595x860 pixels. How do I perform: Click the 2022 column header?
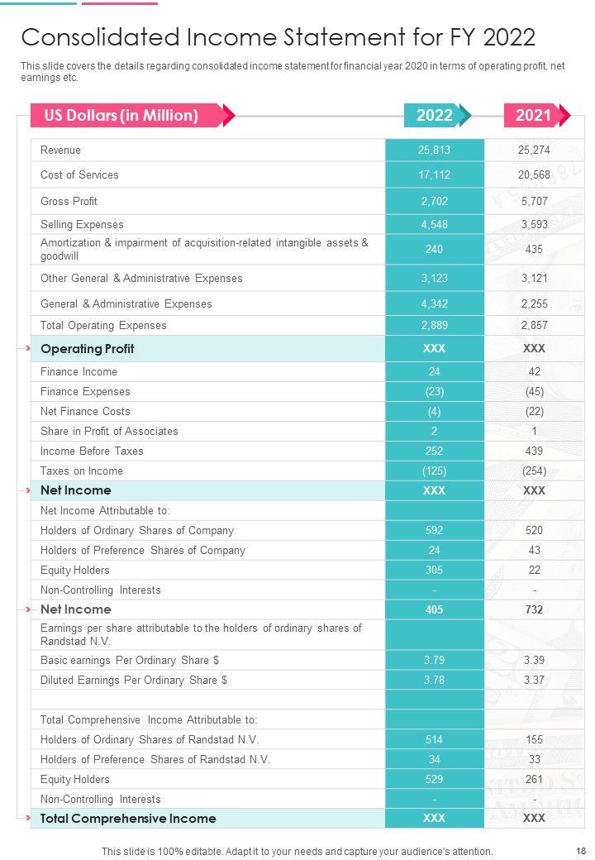coord(435,115)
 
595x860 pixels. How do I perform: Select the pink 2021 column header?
coord(534,115)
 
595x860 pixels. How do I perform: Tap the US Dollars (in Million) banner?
coord(121,115)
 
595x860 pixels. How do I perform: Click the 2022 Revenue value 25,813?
coord(434,150)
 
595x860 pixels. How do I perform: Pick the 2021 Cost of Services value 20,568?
coord(534,174)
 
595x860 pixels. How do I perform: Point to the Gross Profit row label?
coord(69,201)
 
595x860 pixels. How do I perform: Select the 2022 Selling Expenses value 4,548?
coord(434,224)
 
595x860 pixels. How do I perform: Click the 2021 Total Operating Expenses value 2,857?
coord(534,325)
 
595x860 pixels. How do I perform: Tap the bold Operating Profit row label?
coord(87,348)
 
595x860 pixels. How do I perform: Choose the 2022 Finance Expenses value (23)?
coord(434,391)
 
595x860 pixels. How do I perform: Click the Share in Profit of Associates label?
coord(109,431)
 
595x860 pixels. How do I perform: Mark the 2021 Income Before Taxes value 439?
coord(534,451)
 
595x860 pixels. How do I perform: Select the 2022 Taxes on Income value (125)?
coord(434,471)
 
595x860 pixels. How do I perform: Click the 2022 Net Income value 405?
coord(434,609)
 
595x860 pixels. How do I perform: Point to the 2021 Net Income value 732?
coord(534,609)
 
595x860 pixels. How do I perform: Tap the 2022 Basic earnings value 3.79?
coord(434,660)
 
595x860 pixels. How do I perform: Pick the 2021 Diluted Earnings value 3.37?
coord(534,680)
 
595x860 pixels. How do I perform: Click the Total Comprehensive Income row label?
coord(128,818)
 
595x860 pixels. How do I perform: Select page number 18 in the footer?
coord(580,850)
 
